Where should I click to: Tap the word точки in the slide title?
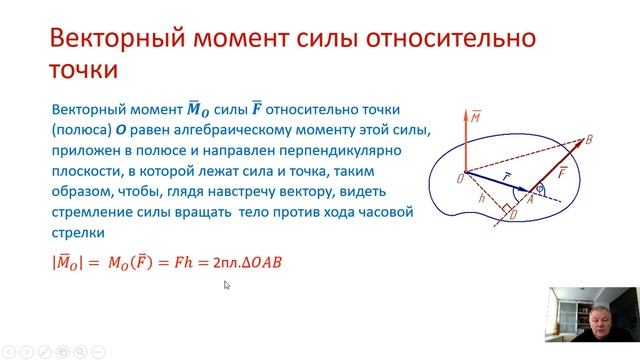[84, 71]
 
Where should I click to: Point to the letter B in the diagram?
[589, 140]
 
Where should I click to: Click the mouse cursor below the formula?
[227, 285]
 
